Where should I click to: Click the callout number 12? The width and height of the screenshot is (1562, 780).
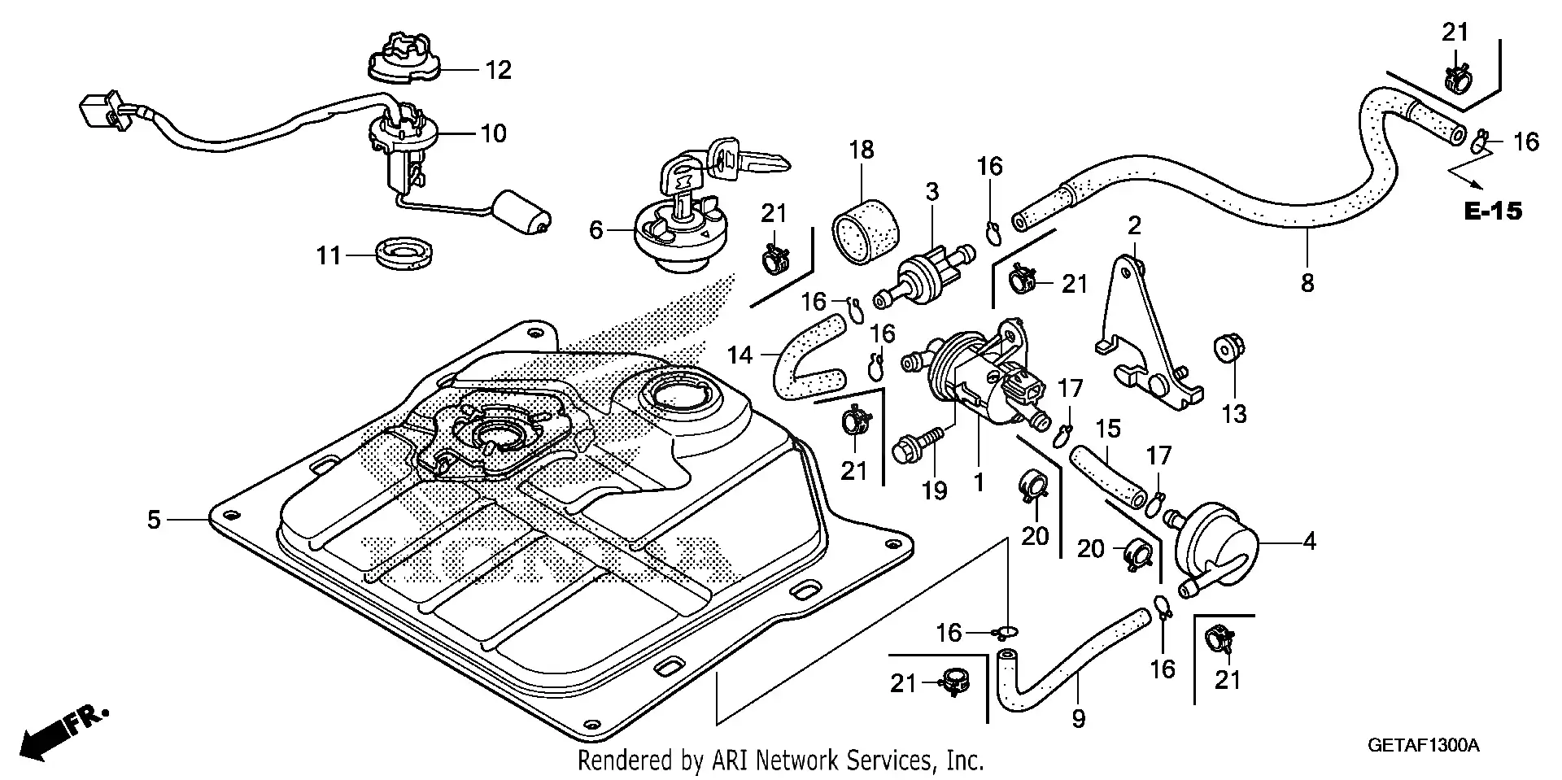[x=498, y=70]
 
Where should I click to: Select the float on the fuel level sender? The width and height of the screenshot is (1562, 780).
[x=524, y=212]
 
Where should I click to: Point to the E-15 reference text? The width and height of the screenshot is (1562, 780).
[x=1492, y=211]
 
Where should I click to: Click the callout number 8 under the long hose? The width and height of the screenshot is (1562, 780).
[x=1307, y=283]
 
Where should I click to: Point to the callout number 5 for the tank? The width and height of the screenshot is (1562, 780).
[x=154, y=519]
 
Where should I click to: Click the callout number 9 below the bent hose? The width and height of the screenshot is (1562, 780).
[x=1078, y=719]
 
